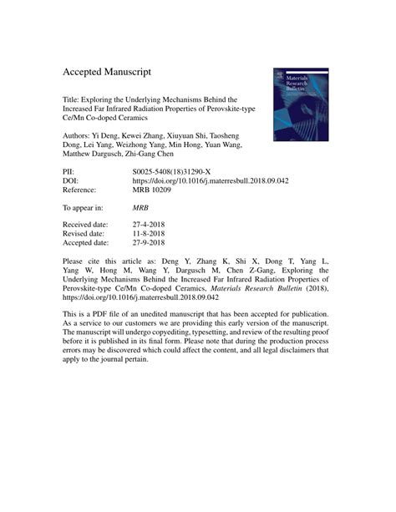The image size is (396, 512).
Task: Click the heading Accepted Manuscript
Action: (118, 72)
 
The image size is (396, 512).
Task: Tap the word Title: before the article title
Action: (73, 98)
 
